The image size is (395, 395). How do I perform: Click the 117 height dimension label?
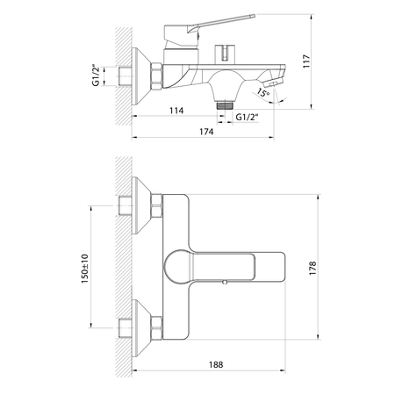306,61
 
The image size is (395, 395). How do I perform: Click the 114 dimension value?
176,111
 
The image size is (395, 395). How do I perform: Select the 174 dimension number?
206,132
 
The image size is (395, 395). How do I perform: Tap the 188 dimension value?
216,364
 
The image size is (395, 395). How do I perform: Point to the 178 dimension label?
312,268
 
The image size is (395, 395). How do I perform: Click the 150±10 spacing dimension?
84,269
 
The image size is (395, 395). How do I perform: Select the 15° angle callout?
263,93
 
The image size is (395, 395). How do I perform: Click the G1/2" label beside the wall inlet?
96,75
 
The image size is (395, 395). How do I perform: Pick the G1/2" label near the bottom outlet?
247,117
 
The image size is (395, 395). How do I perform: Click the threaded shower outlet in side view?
225,105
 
